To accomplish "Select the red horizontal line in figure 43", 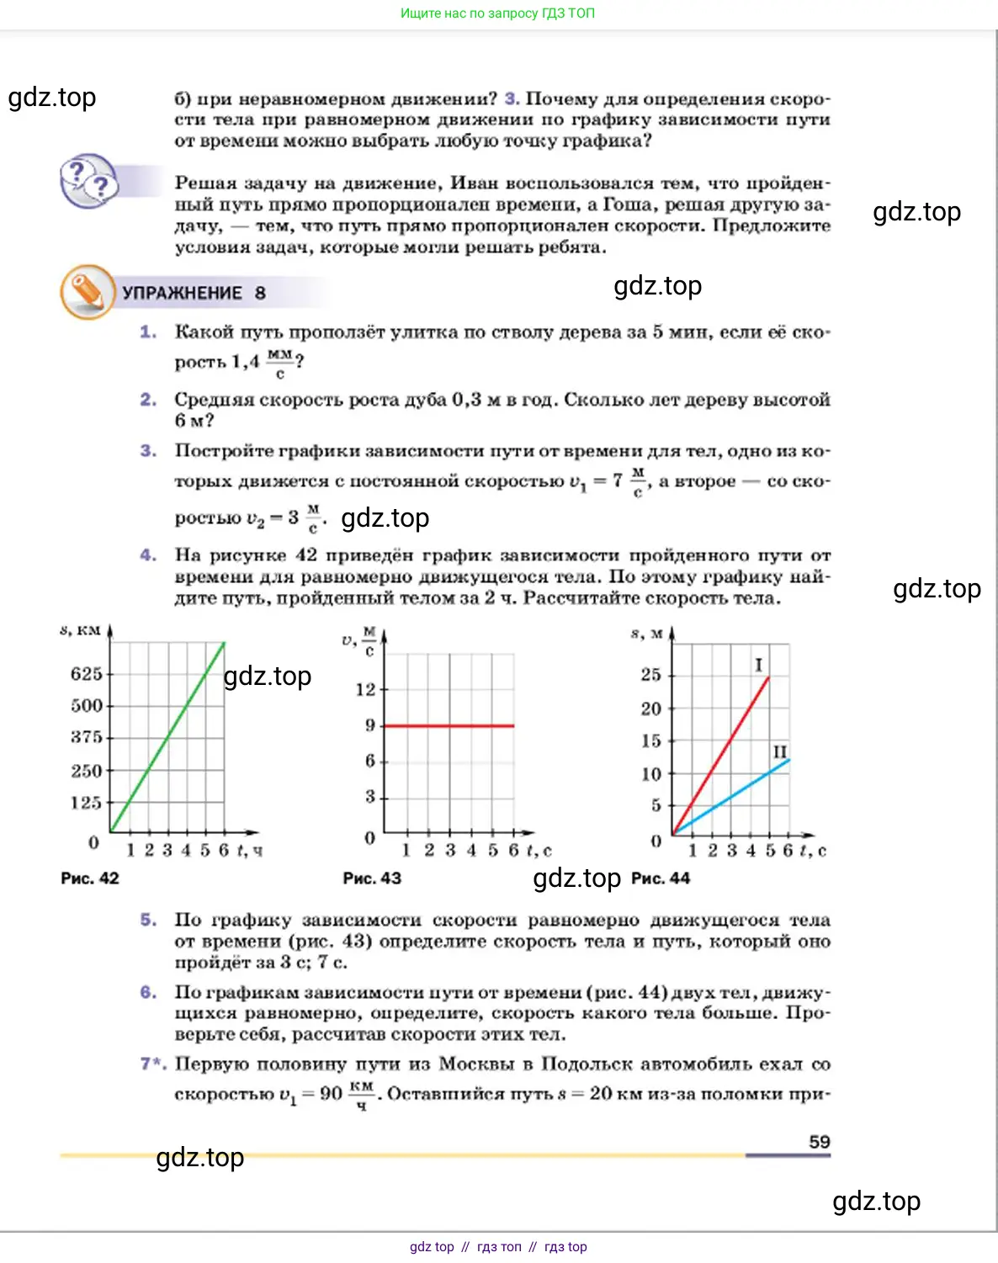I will [x=449, y=725].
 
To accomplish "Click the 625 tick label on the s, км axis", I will [x=87, y=674].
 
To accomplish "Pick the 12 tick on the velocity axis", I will [x=365, y=690].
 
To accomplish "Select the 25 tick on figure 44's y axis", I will [x=650, y=675].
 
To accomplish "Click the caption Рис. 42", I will [x=90, y=878].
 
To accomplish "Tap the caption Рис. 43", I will [x=372, y=878].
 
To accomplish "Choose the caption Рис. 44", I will [x=661, y=878].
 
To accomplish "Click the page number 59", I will [x=819, y=1142].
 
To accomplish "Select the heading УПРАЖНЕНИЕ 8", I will [x=194, y=293].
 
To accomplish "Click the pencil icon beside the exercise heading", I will [x=87, y=292].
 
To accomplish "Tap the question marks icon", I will [x=88, y=180].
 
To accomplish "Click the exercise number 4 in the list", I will [x=148, y=555].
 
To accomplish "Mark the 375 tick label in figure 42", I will [x=87, y=737].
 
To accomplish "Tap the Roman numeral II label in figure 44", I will [x=780, y=751].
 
